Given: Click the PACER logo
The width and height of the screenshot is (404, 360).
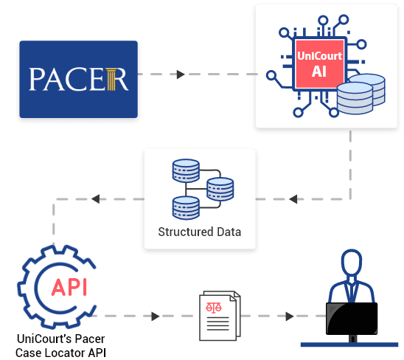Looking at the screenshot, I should coord(78,79).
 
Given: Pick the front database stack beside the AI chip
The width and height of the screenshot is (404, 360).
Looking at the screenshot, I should coord(354,98).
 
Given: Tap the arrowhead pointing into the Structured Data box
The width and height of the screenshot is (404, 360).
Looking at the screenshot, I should coord(293,199).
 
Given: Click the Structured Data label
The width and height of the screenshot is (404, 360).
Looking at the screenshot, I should coord(199,232).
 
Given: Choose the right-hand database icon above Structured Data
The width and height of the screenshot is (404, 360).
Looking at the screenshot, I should coord(220,190).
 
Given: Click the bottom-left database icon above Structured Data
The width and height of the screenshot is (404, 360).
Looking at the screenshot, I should coord(185,207).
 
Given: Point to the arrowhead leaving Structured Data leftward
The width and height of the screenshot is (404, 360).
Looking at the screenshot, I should coord(97,199).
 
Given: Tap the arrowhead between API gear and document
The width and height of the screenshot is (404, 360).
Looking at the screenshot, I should coord(156,316).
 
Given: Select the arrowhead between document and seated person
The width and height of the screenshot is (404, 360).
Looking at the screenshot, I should coord(289,316).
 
